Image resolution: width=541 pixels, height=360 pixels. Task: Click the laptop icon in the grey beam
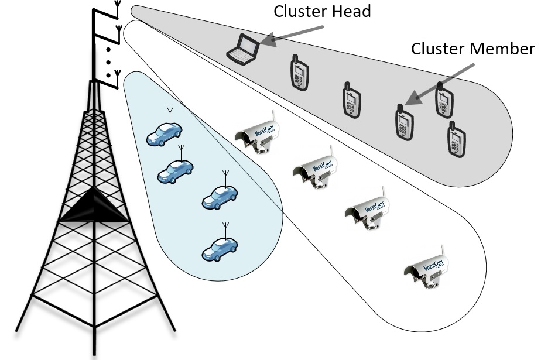[x=242, y=49]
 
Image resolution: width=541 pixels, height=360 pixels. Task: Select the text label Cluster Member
[x=472, y=49]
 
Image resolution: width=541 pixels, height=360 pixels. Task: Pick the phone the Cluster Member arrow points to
[x=402, y=122]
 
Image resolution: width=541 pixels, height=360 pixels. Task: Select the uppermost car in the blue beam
[x=164, y=135]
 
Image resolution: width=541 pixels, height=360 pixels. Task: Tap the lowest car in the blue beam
[x=220, y=249]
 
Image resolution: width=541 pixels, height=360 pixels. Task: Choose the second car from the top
[x=176, y=170]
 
